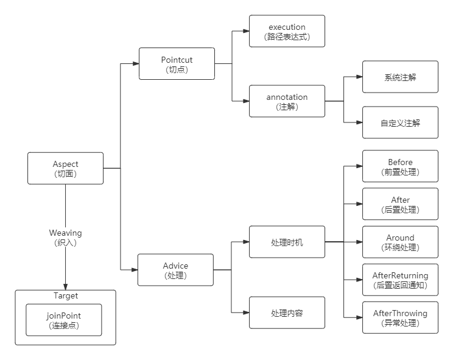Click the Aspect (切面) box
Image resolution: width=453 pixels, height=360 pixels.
(66, 168)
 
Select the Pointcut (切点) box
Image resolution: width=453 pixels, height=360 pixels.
(177, 64)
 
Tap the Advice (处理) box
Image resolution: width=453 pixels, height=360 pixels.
(175, 270)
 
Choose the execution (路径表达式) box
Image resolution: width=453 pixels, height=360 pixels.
(287, 31)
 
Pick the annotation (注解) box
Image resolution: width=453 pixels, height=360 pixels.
(287, 101)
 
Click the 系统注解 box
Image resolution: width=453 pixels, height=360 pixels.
(400, 77)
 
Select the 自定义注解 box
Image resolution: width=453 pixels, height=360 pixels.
(400, 122)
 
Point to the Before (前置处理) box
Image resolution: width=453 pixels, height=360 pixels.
(400, 166)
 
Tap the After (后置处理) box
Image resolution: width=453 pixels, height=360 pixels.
(400, 204)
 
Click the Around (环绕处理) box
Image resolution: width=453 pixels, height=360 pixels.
(400, 242)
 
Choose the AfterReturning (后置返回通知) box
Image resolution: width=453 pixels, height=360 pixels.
(400, 280)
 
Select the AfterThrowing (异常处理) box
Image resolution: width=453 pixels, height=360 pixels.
(400, 317)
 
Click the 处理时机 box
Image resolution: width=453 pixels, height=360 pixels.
(287, 242)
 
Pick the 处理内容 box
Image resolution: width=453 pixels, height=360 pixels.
(287, 313)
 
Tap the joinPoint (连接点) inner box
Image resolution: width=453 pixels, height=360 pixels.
(64, 320)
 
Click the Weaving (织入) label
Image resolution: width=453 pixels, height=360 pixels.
(66, 237)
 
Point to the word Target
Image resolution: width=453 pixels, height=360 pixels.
(66, 296)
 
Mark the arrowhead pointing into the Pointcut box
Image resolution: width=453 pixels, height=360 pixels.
(135, 63)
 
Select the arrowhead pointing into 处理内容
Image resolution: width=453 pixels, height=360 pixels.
(246, 313)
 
